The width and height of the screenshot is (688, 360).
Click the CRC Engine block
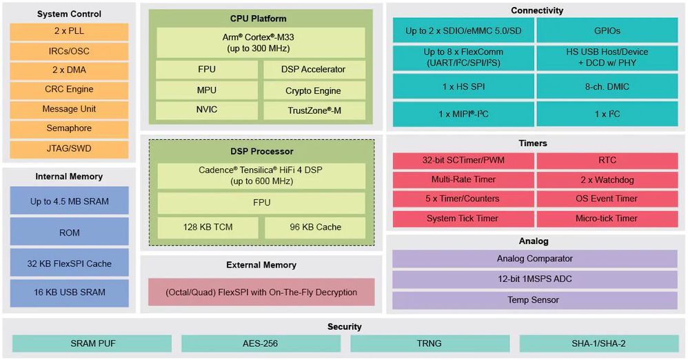69,90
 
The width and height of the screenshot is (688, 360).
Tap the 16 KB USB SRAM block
69,292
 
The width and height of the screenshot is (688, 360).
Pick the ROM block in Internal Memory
69,233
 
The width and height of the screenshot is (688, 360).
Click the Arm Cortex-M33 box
261,43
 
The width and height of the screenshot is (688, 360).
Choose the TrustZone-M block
314,110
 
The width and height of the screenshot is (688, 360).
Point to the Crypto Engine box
314,90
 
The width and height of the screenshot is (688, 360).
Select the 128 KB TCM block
208,228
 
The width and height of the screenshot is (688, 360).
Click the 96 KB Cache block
314,228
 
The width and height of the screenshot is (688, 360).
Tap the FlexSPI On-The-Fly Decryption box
261,292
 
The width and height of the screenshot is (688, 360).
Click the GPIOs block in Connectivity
607,31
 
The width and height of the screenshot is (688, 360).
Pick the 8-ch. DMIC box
607,86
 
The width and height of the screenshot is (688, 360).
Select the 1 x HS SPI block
463,86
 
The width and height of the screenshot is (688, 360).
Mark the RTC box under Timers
607,161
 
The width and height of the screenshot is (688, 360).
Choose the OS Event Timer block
607,199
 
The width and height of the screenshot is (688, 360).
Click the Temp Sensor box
534,301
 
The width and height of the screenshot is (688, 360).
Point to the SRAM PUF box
92,343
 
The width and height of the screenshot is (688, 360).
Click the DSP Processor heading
261,152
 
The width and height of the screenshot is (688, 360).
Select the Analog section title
534,241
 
